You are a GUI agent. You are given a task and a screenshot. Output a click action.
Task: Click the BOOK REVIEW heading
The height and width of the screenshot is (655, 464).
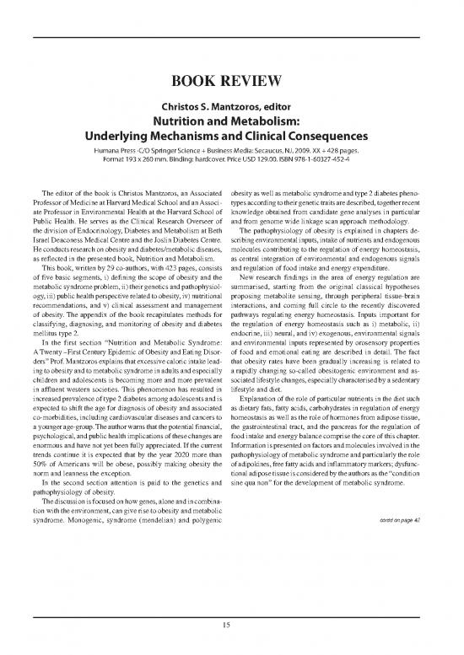[x=231, y=82]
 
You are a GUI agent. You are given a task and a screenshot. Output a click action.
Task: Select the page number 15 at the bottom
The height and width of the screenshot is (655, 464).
[x=232, y=625]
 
